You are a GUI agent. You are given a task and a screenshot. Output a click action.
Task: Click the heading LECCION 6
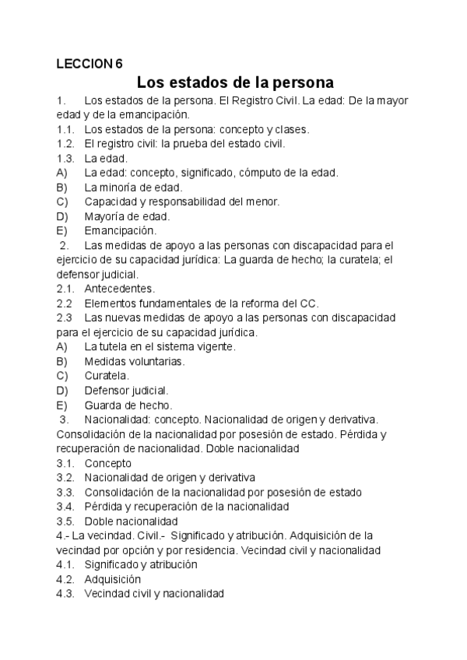[x=90, y=64]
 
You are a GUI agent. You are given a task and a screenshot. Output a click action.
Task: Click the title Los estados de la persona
[x=234, y=82]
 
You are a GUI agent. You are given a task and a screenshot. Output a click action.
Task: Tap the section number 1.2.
[x=65, y=143]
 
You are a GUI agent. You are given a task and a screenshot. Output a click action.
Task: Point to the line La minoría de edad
[x=133, y=187]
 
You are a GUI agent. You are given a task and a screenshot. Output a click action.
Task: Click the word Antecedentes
[x=119, y=289]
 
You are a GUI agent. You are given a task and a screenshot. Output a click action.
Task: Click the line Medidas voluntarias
[x=134, y=361]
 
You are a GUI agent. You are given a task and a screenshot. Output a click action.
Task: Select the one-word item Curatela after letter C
[x=107, y=376]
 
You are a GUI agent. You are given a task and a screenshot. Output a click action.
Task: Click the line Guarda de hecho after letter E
[x=128, y=405]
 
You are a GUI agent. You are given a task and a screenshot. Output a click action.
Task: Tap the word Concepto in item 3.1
[x=108, y=463]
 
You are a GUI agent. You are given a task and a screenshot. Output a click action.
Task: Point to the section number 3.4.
[x=65, y=507]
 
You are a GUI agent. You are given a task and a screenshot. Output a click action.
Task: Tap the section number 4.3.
[x=65, y=594]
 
